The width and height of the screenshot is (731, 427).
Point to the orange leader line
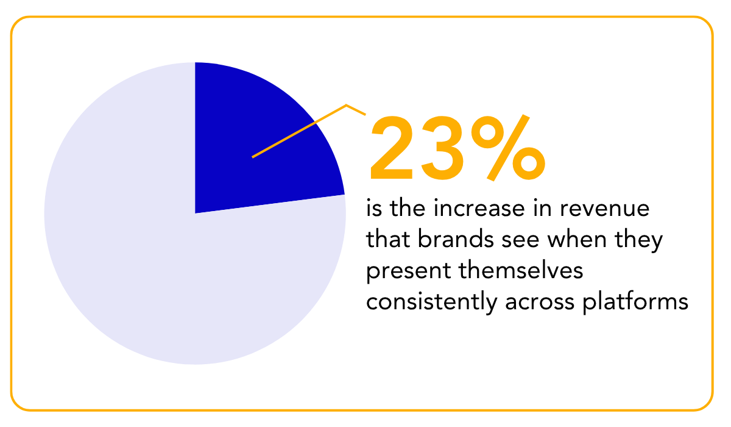tap(298, 131)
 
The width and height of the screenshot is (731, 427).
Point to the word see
tap(521, 241)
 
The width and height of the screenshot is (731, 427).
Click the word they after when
tap(640, 241)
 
